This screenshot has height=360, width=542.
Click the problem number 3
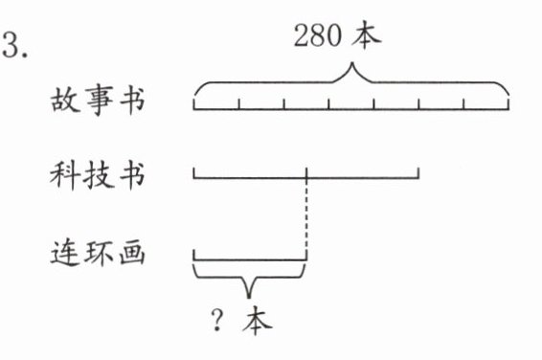click(15, 46)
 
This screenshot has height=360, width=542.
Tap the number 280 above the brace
click(318, 35)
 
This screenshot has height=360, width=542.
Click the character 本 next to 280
click(367, 34)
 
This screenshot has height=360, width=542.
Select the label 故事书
click(98, 100)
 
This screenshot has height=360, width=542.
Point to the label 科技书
click(98, 175)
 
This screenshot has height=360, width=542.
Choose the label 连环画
click(98, 253)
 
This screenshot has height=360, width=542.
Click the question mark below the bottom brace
click(217, 320)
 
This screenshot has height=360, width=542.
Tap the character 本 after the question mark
click(258, 321)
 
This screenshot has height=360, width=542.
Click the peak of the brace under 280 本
click(352, 63)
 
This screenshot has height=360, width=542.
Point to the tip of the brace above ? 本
click(249, 297)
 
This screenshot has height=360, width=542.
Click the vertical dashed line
click(306, 216)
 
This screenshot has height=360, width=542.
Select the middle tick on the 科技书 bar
click(306, 173)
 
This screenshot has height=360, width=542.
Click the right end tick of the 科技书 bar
click(418, 173)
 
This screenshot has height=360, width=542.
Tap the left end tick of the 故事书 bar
click(194, 104)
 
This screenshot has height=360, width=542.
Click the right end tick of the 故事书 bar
click(508, 104)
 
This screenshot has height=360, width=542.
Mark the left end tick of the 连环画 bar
click(194, 255)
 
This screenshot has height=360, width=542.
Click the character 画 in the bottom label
click(132, 253)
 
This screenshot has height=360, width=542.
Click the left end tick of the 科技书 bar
click(194, 173)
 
